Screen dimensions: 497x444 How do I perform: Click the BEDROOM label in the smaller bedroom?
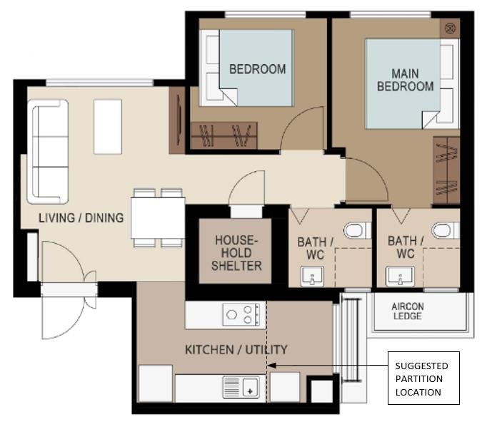click(x=257, y=69)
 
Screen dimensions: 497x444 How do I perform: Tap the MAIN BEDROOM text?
click(x=405, y=80)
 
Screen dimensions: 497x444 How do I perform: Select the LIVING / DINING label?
click(x=81, y=218)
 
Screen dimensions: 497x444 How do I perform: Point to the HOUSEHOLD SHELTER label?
click(x=236, y=253)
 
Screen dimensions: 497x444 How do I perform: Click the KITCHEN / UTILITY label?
click(x=236, y=349)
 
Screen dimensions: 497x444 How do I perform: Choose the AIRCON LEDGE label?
click(x=407, y=311)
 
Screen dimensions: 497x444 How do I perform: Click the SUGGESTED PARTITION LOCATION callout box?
click(x=423, y=378)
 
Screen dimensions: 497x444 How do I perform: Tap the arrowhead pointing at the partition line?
click(x=272, y=366)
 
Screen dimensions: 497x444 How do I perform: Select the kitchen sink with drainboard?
click(x=241, y=387)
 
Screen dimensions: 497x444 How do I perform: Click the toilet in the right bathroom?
click(x=445, y=230)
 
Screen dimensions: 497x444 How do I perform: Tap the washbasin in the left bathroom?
click(x=312, y=277)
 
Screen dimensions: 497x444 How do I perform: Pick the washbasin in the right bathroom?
click(x=400, y=277)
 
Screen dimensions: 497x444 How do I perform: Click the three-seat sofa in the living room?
click(x=48, y=152)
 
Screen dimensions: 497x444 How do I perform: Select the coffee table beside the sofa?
click(x=108, y=127)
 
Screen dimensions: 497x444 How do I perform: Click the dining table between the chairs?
click(x=158, y=218)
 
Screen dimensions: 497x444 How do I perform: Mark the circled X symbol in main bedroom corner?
click(x=450, y=29)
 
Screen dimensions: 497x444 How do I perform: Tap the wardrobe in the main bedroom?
click(x=446, y=170)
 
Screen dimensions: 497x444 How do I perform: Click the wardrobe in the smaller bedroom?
click(x=224, y=135)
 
